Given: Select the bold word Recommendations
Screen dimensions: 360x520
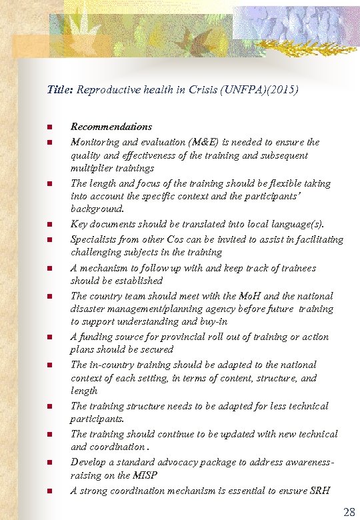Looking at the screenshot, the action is pos(111,127).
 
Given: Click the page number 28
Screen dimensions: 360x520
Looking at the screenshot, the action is pos(349,512).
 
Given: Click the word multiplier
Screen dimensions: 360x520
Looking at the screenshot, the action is pos(92,168).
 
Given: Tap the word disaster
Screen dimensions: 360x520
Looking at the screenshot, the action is pos(87,309).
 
